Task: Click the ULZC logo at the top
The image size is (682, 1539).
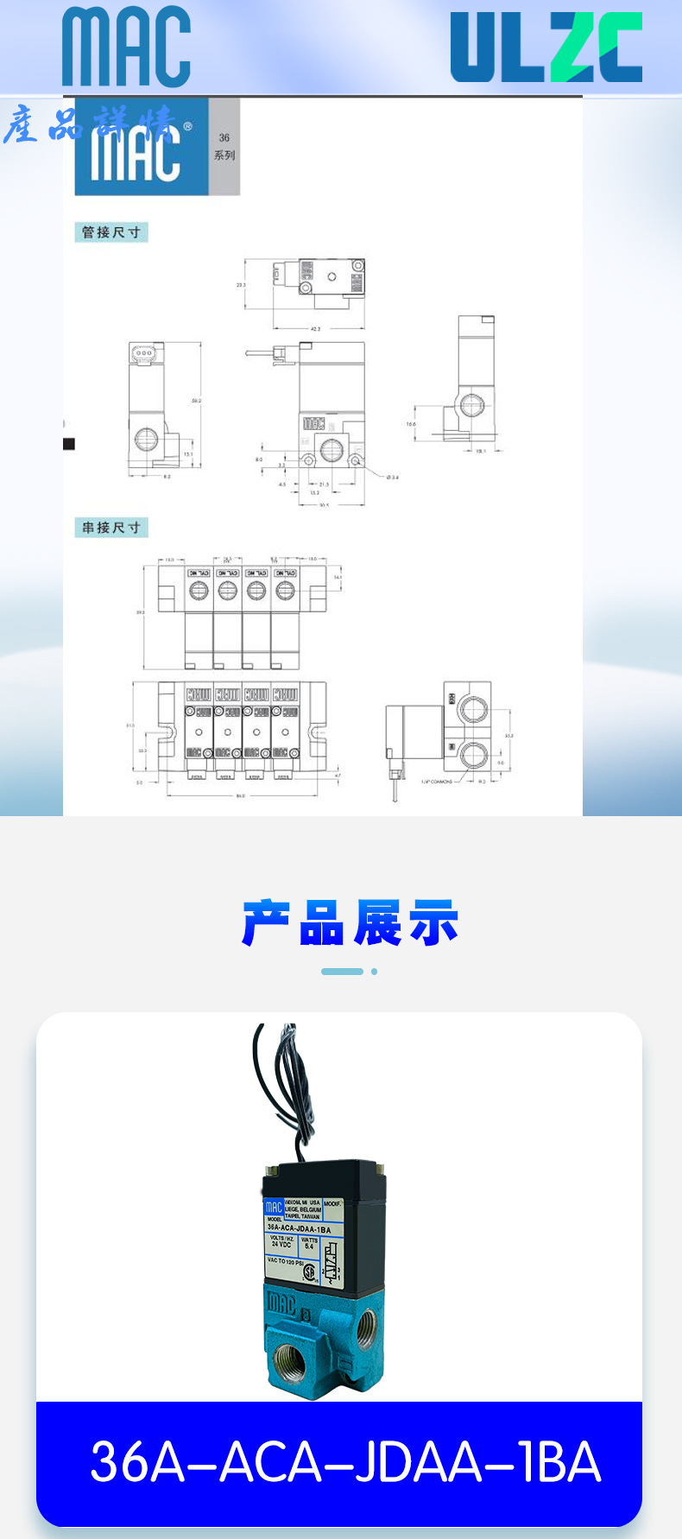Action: pos(546,47)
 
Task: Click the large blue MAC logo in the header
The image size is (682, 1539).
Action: pos(126,47)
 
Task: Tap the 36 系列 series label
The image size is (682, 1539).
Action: pos(224,146)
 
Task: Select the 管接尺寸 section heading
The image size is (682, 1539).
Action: pos(111,232)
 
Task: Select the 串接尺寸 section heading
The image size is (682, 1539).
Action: pos(111,528)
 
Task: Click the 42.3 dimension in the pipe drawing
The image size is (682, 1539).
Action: pos(315,329)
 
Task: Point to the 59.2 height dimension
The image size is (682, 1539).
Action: pos(197,401)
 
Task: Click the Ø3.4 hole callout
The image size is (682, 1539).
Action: pos(392,478)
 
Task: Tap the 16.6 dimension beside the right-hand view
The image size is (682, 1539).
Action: pos(411,424)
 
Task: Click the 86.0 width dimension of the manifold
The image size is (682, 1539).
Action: pos(240,795)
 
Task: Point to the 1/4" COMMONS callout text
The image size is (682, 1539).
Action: pos(437,782)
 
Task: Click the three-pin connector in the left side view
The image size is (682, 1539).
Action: pos(143,352)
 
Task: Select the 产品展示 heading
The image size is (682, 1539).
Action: pos(350,923)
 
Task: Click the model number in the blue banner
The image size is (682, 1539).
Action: pos(345,1462)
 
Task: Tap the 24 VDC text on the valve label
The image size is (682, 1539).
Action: pos(281,1244)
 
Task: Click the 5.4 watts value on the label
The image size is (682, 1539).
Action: pos(309,1246)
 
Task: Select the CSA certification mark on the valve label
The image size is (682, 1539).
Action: pos(309,1273)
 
